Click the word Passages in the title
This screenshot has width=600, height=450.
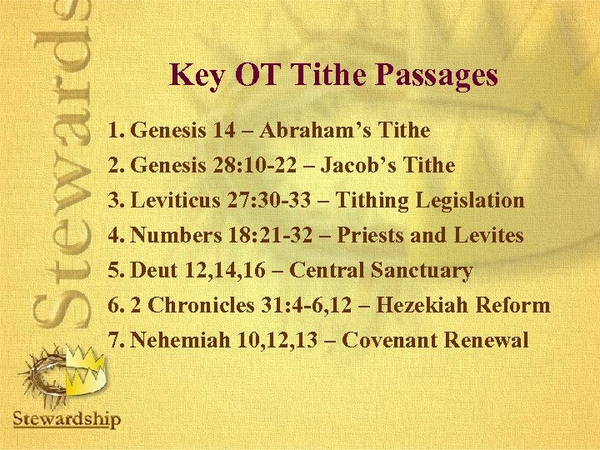point(437,76)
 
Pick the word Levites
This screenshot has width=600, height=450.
point(488,236)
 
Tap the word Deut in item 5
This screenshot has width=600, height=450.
point(156,271)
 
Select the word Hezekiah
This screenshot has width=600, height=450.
point(423,306)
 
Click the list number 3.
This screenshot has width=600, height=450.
point(116,201)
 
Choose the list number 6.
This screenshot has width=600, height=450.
point(116,306)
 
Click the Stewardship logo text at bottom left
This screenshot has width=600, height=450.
point(67,418)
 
